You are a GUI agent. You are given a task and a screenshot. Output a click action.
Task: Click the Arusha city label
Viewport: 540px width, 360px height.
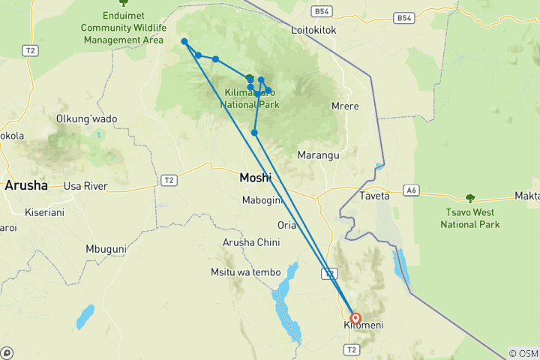click(x=26, y=185)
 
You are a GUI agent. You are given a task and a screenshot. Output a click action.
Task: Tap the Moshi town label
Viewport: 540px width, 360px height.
click(x=255, y=178)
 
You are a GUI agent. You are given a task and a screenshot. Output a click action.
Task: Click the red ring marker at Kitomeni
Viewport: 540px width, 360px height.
click(x=355, y=318)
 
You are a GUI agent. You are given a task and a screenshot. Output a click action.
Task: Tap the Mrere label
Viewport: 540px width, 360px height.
click(x=345, y=106)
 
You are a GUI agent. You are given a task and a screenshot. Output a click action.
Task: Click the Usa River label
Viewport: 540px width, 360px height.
click(x=86, y=186)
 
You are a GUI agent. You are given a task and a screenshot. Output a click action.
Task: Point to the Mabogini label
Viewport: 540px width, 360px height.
click(x=261, y=200)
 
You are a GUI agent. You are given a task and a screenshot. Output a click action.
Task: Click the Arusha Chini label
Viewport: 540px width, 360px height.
click(x=251, y=242)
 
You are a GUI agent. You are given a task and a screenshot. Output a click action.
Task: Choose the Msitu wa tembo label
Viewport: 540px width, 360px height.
click(x=246, y=272)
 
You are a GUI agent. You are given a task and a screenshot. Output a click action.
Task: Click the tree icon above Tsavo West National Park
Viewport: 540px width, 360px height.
click(x=470, y=199)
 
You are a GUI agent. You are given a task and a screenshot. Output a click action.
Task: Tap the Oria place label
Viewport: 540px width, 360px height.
click(x=286, y=225)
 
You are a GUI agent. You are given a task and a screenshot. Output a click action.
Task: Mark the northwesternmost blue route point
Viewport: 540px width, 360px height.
click(x=184, y=42)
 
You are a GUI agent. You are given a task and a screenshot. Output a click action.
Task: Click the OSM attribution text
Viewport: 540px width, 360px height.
click(x=523, y=353)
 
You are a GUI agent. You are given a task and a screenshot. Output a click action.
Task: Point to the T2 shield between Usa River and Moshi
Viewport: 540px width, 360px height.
click(x=169, y=180)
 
